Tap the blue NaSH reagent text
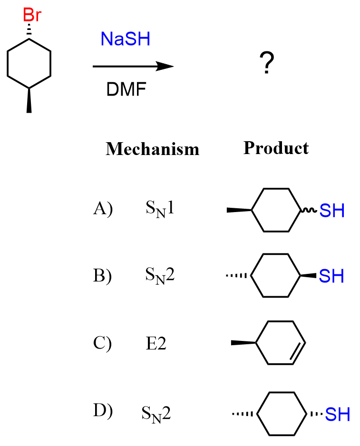(x=125, y=39)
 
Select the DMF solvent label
(x=126, y=89)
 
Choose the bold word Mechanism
(x=152, y=149)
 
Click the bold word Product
(x=276, y=148)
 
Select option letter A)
(x=102, y=209)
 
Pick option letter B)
(x=102, y=276)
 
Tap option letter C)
(x=102, y=343)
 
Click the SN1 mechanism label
(x=160, y=209)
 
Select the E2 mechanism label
(x=156, y=343)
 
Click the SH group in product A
(x=331, y=211)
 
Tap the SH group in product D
(x=338, y=414)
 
